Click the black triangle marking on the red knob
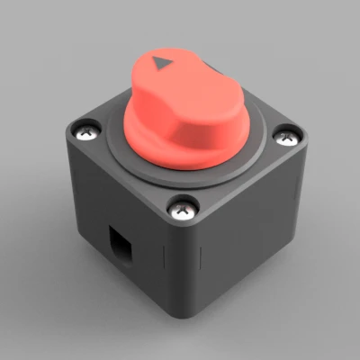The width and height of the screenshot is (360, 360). coord(162,64)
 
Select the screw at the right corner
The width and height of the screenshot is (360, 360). coord(286,138)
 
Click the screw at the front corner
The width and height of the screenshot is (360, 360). coord(184,211)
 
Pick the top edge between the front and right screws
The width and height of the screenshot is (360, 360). coord(238,184)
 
